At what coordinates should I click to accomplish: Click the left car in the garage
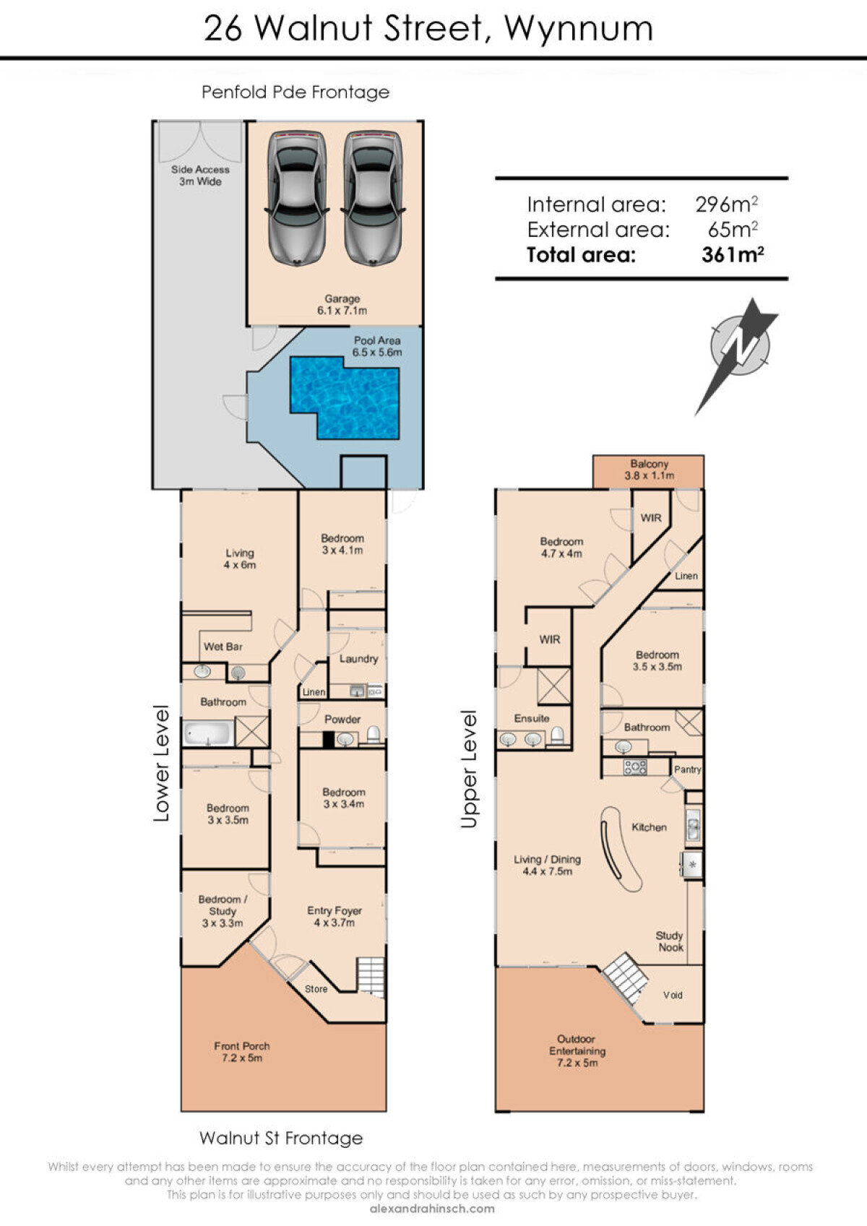(297, 198)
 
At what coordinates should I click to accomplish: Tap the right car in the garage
(374, 198)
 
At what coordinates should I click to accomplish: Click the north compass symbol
(737, 355)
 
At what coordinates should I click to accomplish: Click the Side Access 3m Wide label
(200, 176)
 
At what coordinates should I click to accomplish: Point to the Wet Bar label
(223, 647)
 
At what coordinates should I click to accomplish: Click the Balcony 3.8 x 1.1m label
(649, 470)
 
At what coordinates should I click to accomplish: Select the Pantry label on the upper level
(688, 769)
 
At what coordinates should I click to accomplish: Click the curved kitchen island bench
(620, 850)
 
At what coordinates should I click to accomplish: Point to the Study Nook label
(670, 941)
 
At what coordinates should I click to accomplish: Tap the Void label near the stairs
(673, 995)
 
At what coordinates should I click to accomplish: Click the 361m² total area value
(733, 255)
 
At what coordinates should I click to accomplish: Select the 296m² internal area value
(726, 204)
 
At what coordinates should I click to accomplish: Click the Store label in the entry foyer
(316, 989)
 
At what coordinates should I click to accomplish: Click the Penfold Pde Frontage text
(296, 92)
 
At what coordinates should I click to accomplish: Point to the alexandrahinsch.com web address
(432, 1209)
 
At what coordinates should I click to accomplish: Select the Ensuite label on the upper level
(532, 718)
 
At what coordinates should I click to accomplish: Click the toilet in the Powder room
(374, 735)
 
